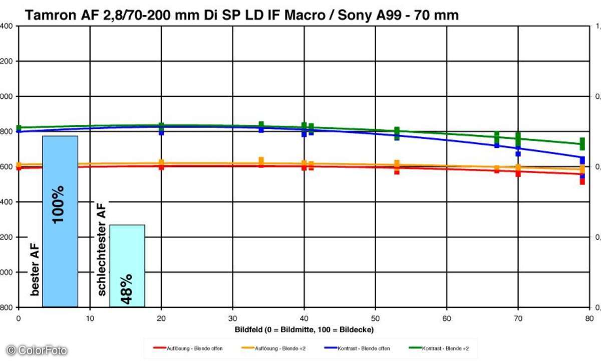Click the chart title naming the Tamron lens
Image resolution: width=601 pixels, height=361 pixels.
point(241,16)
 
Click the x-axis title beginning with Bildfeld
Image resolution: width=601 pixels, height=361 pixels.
point(304,329)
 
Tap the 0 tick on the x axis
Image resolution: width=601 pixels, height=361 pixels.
point(19,317)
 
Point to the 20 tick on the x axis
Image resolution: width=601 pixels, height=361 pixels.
point(161,317)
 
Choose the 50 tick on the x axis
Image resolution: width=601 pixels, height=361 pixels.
point(375,317)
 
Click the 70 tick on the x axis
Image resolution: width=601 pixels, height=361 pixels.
point(518,317)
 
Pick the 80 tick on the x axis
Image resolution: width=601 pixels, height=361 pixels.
point(589,317)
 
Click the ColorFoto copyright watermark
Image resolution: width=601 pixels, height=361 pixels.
point(37,350)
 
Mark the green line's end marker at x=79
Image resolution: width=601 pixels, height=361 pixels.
point(582,143)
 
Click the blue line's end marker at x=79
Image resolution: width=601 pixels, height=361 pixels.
point(582,160)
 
